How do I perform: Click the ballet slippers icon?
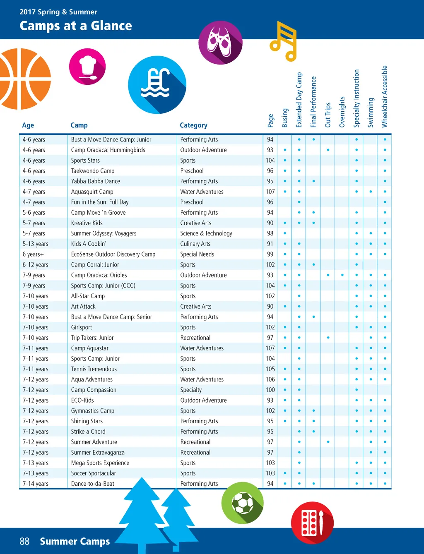(220, 43)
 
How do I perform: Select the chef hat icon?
(87, 67)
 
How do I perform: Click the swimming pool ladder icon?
(157, 84)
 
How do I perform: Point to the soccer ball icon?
(243, 503)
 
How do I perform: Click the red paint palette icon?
(312, 523)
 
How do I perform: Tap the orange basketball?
(23, 79)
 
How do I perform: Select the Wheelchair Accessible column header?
(385, 97)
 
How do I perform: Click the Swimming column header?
(371, 113)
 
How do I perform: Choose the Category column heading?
(193, 125)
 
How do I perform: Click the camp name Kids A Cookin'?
(89, 244)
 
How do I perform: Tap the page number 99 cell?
(270, 254)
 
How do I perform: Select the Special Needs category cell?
(197, 254)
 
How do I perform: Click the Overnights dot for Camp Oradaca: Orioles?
(342, 275)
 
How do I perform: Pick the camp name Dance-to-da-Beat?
(93, 484)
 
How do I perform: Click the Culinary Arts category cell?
(195, 244)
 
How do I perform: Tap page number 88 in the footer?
(24, 541)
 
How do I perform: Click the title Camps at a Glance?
(76, 26)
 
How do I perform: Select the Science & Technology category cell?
(206, 233)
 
